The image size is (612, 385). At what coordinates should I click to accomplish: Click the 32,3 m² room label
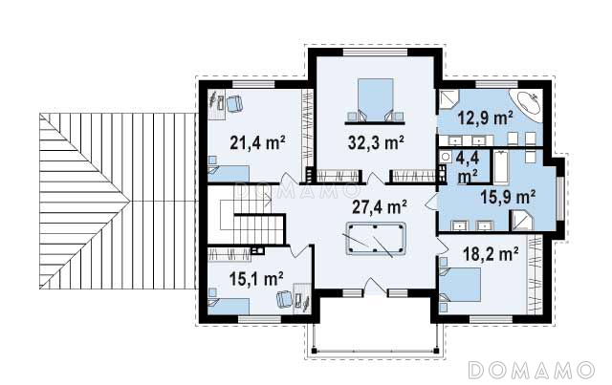click(x=376, y=142)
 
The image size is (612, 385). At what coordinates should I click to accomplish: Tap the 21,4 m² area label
click(x=257, y=142)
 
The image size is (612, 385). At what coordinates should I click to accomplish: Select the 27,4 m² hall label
click(x=380, y=206)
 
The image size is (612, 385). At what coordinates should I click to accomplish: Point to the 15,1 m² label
click(x=256, y=279)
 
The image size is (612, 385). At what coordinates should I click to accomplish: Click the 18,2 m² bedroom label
click(x=491, y=254)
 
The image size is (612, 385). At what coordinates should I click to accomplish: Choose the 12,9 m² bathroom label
click(x=485, y=118)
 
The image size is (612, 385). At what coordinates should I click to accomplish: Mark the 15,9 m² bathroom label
click(x=508, y=197)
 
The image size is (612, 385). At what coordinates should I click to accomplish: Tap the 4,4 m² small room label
click(x=468, y=167)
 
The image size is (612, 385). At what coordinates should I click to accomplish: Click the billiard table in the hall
click(x=376, y=239)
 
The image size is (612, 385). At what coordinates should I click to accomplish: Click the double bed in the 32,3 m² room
click(x=375, y=100)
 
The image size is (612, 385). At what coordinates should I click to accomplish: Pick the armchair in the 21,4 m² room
click(x=234, y=104)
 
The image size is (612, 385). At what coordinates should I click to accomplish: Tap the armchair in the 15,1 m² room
click(x=285, y=299)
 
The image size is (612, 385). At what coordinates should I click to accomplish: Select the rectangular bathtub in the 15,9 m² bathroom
click(x=501, y=167)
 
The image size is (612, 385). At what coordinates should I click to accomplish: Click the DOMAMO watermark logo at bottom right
click(x=532, y=370)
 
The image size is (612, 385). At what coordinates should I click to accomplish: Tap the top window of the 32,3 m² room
click(x=375, y=53)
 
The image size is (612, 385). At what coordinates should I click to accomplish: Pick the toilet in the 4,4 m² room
click(x=445, y=158)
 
